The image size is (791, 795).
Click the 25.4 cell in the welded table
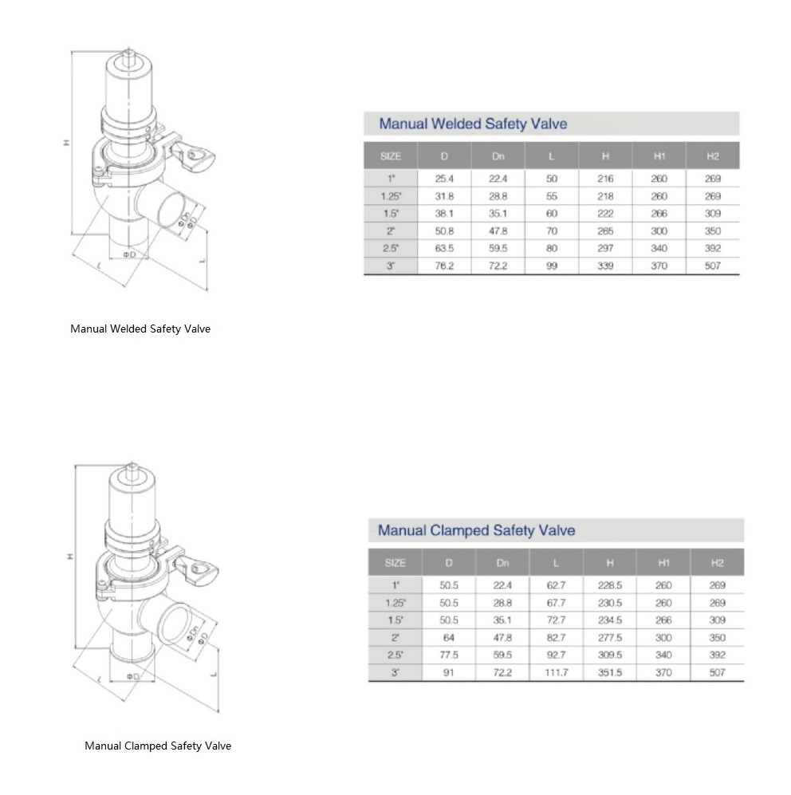[x=445, y=179]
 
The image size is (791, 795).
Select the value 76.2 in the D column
[x=445, y=266]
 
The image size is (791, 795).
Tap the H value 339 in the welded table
[x=605, y=266]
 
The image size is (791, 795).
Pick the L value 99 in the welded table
[x=552, y=266]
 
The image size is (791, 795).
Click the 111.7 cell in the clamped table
[x=556, y=672]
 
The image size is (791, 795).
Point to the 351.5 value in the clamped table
[x=609, y=672]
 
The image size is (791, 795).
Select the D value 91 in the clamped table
[x=449, y=672]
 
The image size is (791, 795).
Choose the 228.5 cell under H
[x=609, y=585]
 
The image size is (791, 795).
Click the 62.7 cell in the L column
[x=556, y=585]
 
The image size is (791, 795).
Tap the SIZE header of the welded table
[x=391, y=156]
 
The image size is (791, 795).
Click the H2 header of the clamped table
[x=716, y=563]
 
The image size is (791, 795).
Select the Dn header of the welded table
[x=498, y=156]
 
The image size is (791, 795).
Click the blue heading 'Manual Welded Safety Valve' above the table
[x=473, y=124]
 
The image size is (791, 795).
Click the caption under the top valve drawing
[x=140, y=329]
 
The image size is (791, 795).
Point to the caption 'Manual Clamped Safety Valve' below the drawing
[x=158, y=746]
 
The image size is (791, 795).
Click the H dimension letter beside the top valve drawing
[x=68, y=144]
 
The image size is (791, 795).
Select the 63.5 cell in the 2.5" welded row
[x=445, y=249]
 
